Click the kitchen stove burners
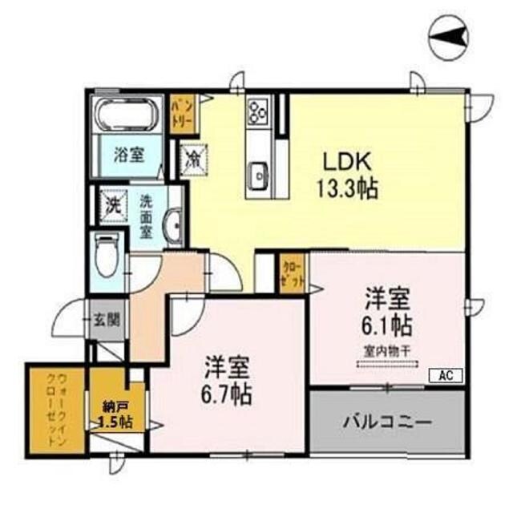coord(257,111)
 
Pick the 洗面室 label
coord(147,212)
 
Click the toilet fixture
coord(105,255)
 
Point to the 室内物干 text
coord(388,350)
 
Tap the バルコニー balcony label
coord(388,421)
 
